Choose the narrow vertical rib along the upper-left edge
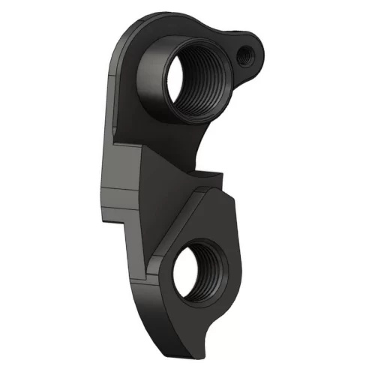(113, 90)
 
